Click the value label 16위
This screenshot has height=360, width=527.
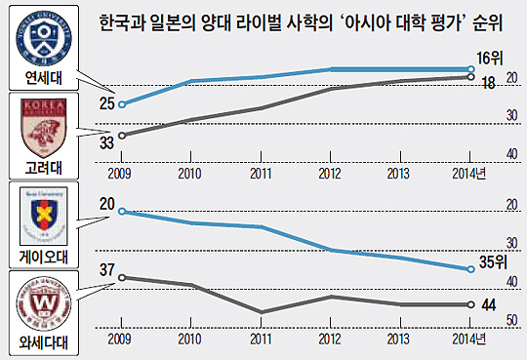(491, 56)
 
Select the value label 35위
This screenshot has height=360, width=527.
(495, 262)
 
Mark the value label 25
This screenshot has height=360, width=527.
(106, 101)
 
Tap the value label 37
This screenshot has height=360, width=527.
(106, 270)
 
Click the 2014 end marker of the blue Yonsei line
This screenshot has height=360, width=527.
(471, 69)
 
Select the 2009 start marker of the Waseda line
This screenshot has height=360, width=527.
(121, 277)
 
